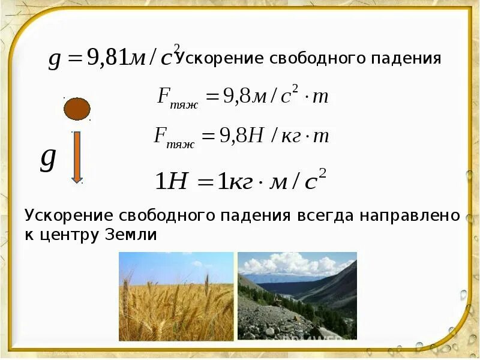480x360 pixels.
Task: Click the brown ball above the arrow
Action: (x=77, y=109)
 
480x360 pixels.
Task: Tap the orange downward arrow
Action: (x=77, y=157)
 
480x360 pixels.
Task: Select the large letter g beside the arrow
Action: (x=48, y=158)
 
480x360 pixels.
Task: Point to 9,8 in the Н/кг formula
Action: (x=235, y=136)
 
